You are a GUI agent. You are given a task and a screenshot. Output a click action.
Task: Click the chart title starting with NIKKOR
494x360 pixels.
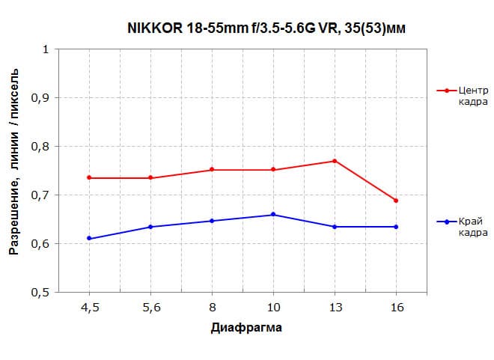pyautogui.click(x=265, y=28)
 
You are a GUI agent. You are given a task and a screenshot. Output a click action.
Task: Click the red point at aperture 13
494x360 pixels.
pyautogui.click(x=335, y=161)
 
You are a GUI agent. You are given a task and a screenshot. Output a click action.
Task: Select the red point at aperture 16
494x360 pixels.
pyautogui.click(x=396, y=201)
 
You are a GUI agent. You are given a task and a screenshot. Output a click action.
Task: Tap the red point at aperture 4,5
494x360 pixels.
pyautogui.click(x=89, y=177)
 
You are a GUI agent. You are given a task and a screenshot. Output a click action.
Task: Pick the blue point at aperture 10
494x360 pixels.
pyautogui.click(x=273, y=214)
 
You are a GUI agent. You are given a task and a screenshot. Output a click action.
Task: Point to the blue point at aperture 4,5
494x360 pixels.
pyautogui.click(x=89, y=238)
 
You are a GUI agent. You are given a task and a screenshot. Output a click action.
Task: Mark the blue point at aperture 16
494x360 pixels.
pyautogui.click(x=396, y=227)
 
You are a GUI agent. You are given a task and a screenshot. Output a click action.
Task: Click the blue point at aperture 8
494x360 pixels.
pyautogui.click(x=212, y=221)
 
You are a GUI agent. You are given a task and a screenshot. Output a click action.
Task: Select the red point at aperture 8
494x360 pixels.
pyautogui.click(x=212, y=169)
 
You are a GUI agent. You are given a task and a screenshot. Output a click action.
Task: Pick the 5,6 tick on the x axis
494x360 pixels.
pyautogui.click(x=150, y=306)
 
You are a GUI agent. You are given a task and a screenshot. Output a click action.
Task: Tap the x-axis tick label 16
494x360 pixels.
pyautogui.click(x=396, y=306)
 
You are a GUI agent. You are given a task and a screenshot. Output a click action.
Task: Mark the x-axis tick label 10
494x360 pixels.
pyautogui.click(x=273, y=306)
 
